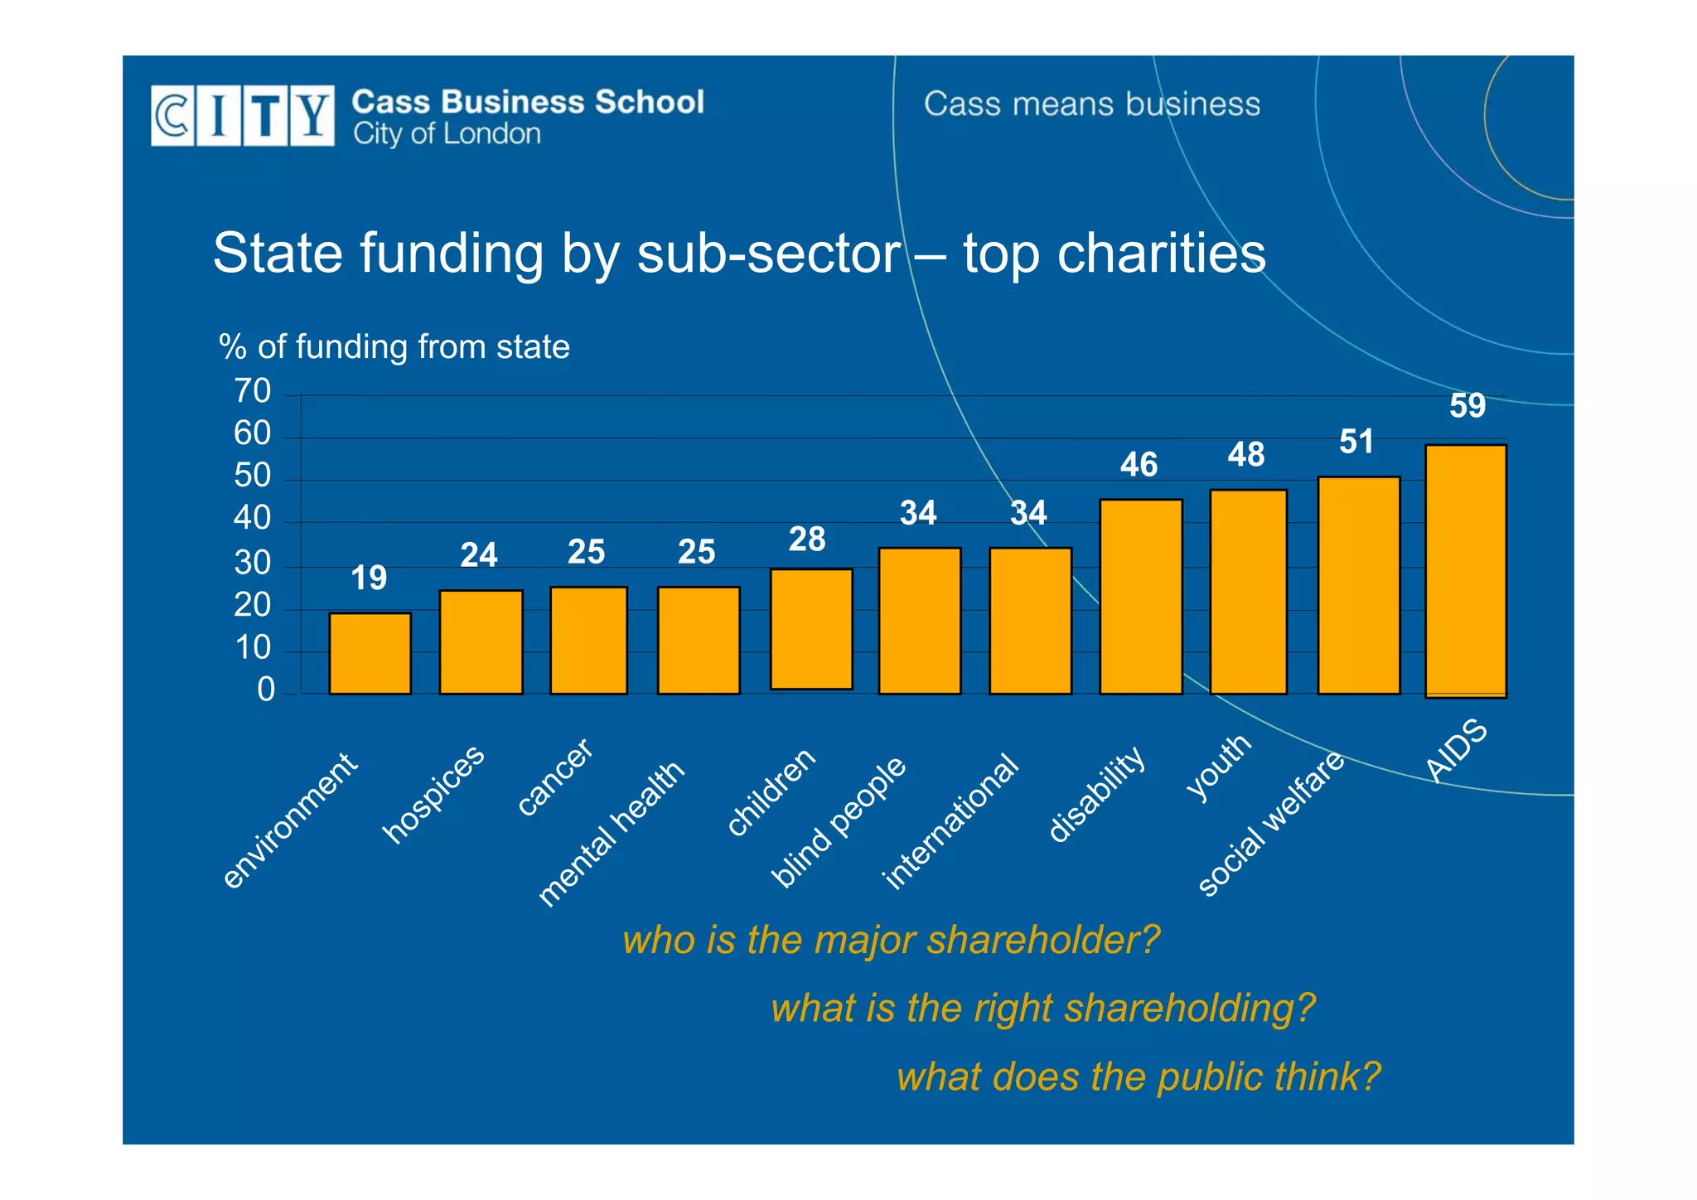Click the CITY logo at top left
(243, 116)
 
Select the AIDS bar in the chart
(1465, 571)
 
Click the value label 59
(1467, 406)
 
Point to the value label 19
(369, 578)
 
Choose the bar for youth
(1248, 592)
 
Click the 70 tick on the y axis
(253, 391)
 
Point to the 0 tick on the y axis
(265, 690)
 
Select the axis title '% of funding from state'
(394, 346)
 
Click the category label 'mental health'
(612, 833)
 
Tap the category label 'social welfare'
(1271, 824)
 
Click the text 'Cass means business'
(1091, 104)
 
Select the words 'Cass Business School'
(528, 102)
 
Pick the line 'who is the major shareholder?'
(891, 940)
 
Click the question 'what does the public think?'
(1139, 1077)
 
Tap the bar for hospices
(481, 642)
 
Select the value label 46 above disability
(1139, 465)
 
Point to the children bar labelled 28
(811, 629)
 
